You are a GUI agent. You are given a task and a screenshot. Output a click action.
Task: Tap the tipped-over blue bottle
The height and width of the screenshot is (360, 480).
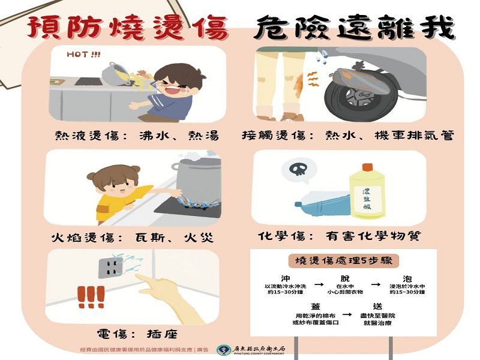[320, 203]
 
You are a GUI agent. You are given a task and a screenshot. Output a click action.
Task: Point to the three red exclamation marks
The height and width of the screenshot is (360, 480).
[91, 296]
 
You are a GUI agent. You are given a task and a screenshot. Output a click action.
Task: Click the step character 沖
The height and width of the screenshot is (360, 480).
[286, 278]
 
